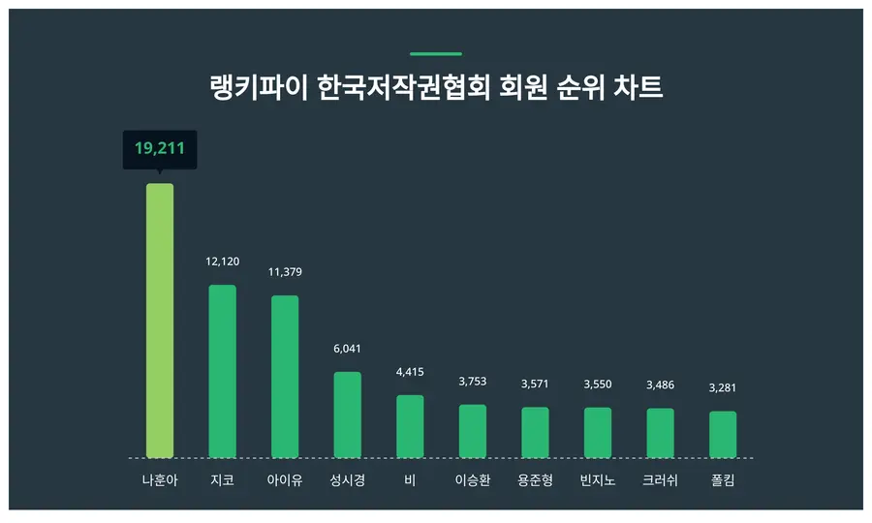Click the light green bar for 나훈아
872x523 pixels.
160,321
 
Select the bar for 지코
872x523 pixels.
222,371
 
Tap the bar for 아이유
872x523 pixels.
285,377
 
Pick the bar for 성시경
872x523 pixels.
347,415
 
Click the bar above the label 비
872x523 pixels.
410,426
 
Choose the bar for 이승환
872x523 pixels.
473,431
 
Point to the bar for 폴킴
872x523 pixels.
723,434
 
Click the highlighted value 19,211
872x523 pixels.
160,149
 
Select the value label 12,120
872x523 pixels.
222,261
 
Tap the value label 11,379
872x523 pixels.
285,272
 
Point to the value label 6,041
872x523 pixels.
347,349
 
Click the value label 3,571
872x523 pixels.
535,384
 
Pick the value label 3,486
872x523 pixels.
660,385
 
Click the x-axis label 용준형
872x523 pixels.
535,479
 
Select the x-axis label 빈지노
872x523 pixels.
598,479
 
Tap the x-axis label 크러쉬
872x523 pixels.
660,479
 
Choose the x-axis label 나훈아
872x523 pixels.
160,479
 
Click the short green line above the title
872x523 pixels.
436,54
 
